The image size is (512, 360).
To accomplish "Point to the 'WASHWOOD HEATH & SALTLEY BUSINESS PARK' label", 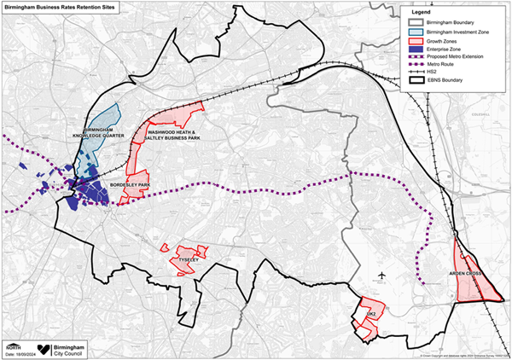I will coord(174,137).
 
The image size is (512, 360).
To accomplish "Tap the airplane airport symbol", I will coord(381,275).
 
